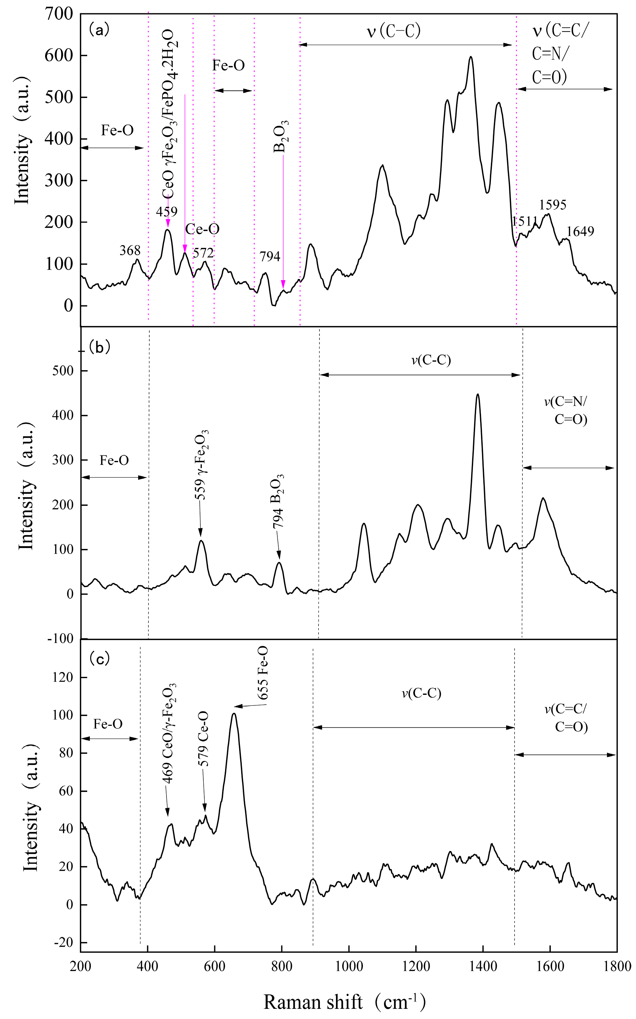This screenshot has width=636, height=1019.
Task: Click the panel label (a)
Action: click(x=99, y=30)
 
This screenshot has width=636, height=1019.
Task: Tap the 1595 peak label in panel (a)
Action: click(x=553, y=205)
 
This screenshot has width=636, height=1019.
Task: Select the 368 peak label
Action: click(x=130, y=250)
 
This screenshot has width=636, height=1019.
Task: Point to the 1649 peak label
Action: click(x=580, y=231)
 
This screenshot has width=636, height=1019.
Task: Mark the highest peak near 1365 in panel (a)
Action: click(x=471, y=57)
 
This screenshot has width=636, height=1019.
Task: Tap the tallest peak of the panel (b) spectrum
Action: click(x=477, y=394)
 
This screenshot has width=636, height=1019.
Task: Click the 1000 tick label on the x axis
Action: click(x=349, y=966)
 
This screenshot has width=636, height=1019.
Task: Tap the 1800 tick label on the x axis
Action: click(x=617, y=966)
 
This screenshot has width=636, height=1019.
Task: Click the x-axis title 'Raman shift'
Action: click(x=313, y=1002)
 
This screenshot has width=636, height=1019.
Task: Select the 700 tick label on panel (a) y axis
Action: click(x=59, y=14)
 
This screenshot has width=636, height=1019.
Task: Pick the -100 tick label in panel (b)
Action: click(x=61, y=639)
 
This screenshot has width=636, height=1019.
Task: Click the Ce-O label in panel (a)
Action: click(x=202, y=229)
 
